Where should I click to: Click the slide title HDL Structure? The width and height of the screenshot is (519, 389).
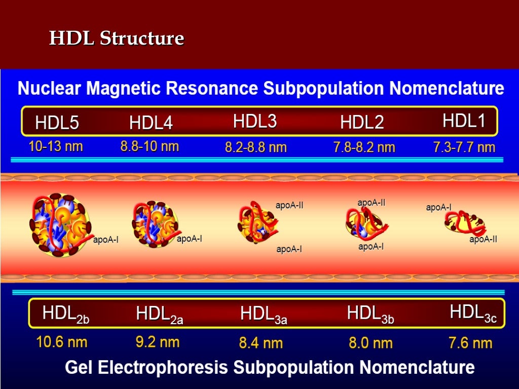click(116, 38)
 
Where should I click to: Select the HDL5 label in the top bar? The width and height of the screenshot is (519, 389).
click(57, 123)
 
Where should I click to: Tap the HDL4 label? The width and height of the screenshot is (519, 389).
click(151, 123)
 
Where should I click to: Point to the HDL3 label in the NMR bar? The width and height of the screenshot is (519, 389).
click(254, 122)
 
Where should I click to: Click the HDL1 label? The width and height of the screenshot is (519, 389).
click(464, 121)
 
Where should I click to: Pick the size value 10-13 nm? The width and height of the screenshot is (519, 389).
click(55, 147)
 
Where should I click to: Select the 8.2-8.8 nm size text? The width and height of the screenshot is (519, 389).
click(255, 147)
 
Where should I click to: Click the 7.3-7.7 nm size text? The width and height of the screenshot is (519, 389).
click(464, 147)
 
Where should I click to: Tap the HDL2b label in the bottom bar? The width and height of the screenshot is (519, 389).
click(66, 314)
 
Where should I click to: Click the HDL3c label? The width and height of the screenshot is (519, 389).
click(473, 313)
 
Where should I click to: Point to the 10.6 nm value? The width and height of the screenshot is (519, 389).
click(61, 342)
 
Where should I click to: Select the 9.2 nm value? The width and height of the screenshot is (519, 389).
click(157, 342)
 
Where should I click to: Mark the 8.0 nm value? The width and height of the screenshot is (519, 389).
click(370, 343)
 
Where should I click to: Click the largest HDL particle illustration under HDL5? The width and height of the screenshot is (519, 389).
click(55, 224)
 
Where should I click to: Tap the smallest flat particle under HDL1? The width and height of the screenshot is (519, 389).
click(464, 223)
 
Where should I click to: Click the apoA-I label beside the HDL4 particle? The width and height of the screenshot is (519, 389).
click(189, 239)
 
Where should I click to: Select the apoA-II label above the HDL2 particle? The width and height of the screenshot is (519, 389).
click(371, 203)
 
